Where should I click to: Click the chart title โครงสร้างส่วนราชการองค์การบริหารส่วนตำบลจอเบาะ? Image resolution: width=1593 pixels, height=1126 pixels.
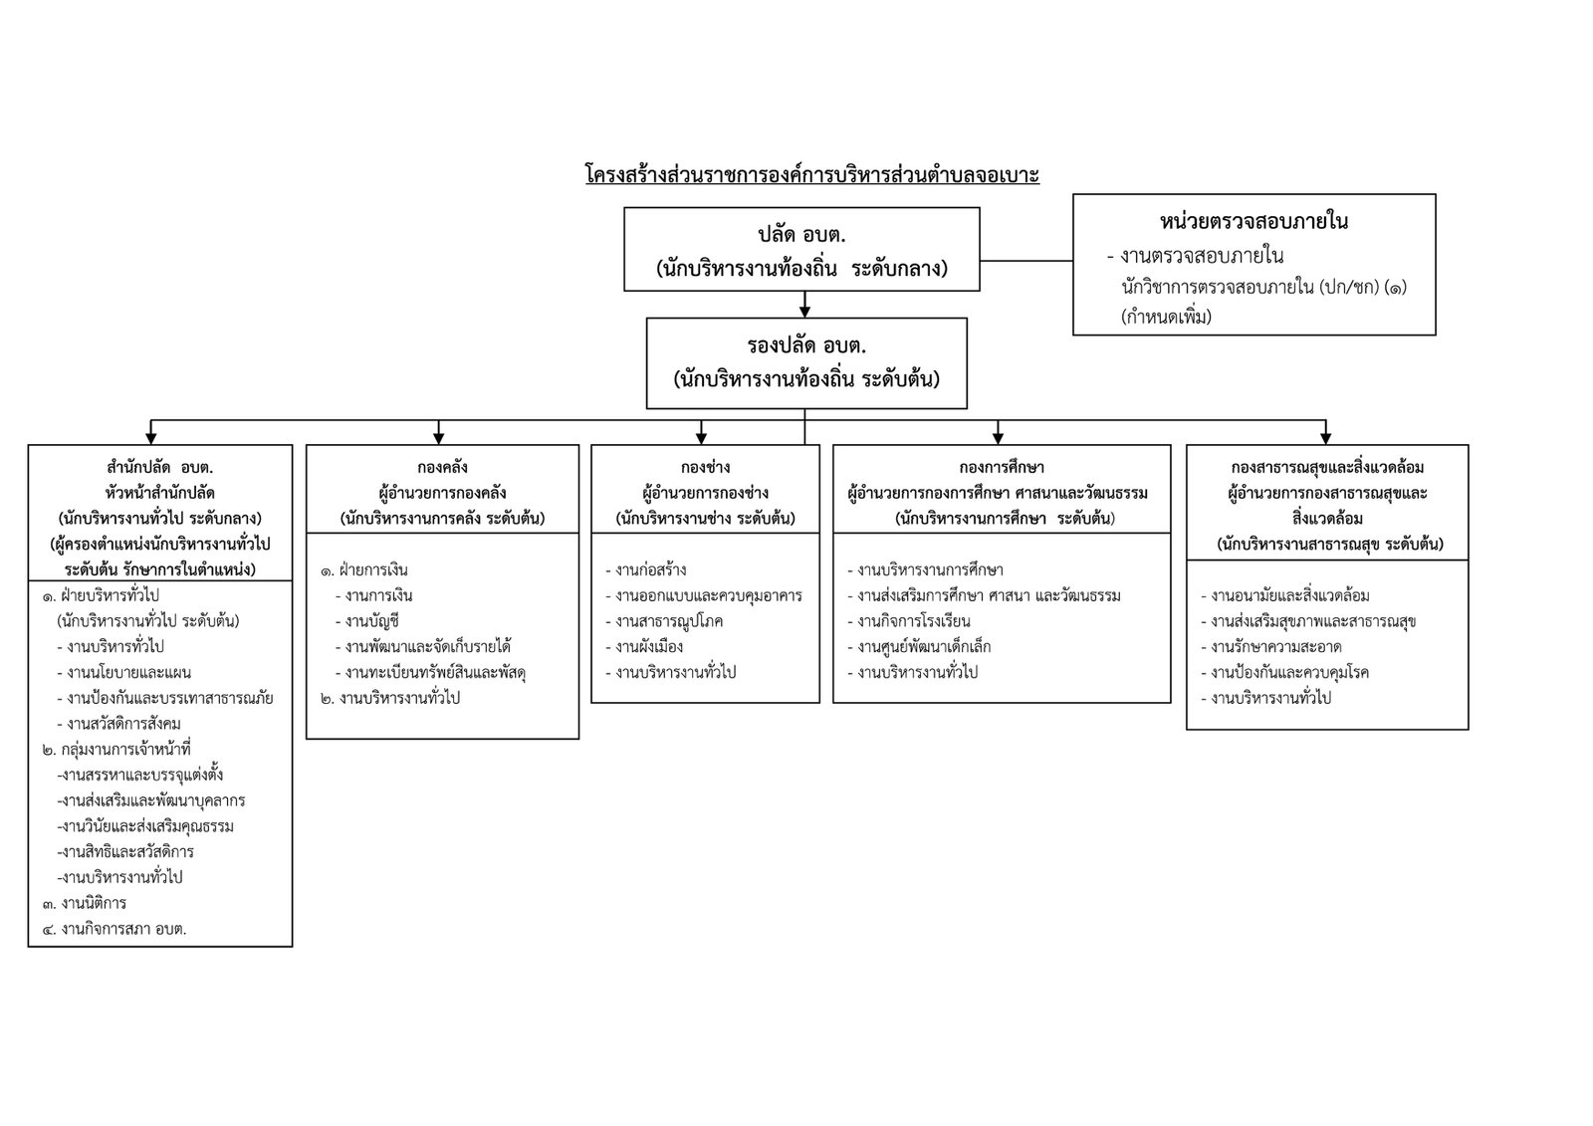coord(812,174)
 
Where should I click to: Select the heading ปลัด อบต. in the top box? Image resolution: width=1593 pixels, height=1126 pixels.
coord(801,235)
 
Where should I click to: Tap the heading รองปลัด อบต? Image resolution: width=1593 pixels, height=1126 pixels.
coord(806,345)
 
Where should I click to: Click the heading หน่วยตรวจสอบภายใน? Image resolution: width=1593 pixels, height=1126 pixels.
coord(1253,222)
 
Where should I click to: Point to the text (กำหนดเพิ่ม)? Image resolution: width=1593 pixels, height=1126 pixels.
coord(1166,316)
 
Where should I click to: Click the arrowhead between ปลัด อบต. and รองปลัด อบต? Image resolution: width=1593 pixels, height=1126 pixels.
coord(805,311)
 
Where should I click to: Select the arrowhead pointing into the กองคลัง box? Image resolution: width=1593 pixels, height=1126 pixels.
coord(439,437)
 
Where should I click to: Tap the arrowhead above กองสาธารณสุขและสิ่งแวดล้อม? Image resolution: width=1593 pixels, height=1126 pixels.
coord(1325,437)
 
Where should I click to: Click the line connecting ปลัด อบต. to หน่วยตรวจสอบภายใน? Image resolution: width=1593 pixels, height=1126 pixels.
coord(1026,260)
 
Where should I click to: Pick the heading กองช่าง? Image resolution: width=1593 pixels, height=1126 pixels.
coord(706,467)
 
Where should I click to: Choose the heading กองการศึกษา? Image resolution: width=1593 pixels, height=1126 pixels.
coord(1002,467)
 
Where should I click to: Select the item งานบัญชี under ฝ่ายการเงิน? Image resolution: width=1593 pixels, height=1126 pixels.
coord(367,621)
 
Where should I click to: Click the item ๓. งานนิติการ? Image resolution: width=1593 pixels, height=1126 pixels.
coord(84,903)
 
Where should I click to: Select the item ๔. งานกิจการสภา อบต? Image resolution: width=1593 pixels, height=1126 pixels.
coord(114,928)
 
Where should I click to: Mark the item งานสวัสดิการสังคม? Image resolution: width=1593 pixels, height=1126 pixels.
coord(118,724)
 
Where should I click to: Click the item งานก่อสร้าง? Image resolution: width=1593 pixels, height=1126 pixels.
coord(646,569)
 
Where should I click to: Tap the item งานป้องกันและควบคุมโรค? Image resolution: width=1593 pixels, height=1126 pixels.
coord(1285,672)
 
